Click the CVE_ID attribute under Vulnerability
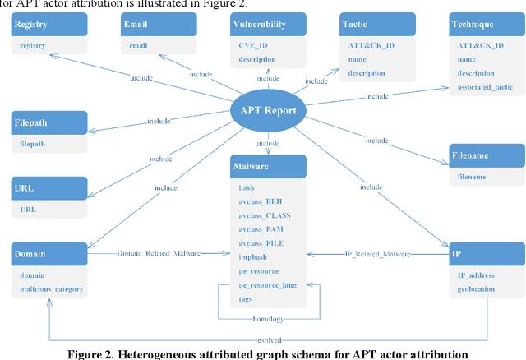(x=253, y=45)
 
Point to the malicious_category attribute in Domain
(x=52, y=288)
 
